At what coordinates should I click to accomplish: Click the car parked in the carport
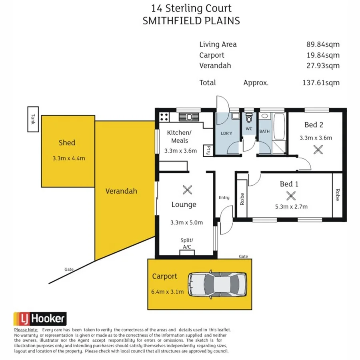(218, 284)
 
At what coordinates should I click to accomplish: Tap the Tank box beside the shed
(33, 119)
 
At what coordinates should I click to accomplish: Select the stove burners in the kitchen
(164, 117)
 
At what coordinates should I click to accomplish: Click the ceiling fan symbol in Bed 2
(318, 150)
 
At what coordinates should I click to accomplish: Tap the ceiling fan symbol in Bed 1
(291, 196)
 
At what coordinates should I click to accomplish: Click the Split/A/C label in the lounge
(187, 243)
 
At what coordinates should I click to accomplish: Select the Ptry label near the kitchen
(208, 150)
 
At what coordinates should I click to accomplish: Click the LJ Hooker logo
(40, 319)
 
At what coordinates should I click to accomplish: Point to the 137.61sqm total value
(321, 83)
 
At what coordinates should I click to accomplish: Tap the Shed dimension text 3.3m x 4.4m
(69, 158)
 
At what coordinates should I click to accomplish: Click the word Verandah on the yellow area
(121, 191)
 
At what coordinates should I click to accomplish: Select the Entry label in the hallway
(224, 198)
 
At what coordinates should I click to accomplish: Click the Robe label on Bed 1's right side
(338, 195)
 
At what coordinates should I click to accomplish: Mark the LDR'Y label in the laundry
(226, 133)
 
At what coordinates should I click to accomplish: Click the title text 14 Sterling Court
(191, 8)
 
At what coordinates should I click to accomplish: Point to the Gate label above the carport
(243, 256)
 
